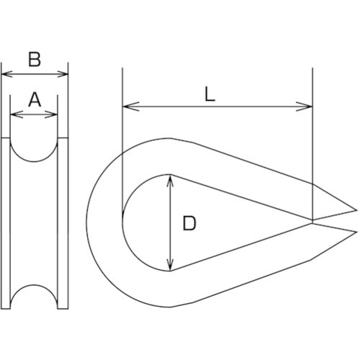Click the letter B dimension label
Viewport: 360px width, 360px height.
click(x=35, y=59)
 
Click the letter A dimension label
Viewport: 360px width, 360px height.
click(x=35, y=100)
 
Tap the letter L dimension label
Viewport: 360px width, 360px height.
click(x=210, y=94)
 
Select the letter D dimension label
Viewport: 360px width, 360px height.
click(x=189, y=223)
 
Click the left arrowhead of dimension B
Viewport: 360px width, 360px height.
click(x=6, y=74)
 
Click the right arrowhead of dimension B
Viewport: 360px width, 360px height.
click(x=63, y=74)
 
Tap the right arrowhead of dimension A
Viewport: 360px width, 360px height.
click(x=52, y=114)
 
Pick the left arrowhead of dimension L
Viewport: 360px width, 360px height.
click(x=131, y=107)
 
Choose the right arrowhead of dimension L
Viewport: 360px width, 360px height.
click(x=304, y=107)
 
